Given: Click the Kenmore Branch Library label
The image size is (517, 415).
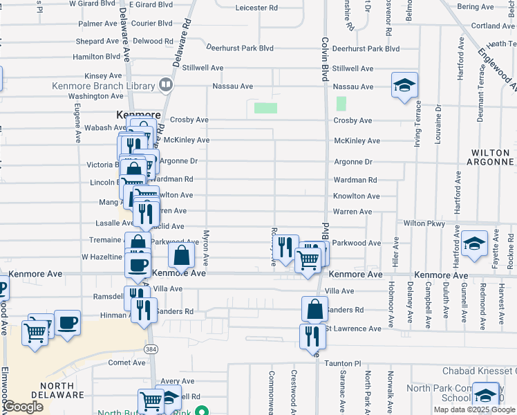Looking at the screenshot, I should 103,86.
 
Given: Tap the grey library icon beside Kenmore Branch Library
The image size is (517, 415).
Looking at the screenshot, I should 165,85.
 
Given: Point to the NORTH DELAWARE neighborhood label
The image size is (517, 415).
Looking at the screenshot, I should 52,390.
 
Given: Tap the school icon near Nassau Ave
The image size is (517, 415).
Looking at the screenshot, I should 404,86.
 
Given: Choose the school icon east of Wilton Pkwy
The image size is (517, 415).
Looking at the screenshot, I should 475,244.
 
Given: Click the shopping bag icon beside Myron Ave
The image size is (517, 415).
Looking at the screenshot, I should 180,255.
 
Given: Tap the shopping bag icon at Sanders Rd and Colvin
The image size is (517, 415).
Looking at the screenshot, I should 314,309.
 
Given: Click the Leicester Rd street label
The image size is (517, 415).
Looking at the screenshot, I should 256,8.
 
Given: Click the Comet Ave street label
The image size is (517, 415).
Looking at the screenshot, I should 126,362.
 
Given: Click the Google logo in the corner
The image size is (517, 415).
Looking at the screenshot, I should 23,407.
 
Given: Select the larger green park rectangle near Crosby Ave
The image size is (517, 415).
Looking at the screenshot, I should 265,108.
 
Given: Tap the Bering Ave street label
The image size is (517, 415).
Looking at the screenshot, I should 476,7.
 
